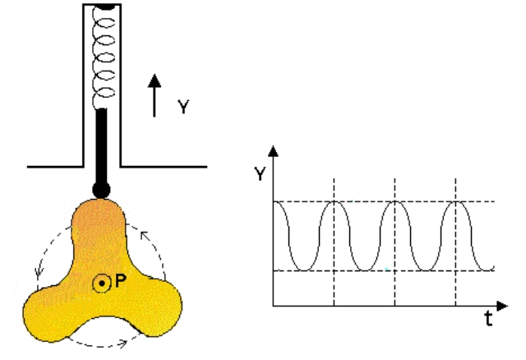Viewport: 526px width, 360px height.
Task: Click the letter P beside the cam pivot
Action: [121, 281]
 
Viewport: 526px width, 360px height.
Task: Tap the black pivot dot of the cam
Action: [102, 284]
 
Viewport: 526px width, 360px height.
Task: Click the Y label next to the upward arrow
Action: [183, 107]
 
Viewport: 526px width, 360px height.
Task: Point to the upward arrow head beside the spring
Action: [155, 81]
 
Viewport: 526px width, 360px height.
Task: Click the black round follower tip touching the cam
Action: [101, 190]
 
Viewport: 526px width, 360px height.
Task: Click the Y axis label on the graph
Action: [260, 173]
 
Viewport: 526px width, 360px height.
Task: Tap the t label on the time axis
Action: [489, 318]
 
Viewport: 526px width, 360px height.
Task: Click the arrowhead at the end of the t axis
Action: [502, 306]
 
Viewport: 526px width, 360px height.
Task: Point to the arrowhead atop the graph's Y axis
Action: [274, 151]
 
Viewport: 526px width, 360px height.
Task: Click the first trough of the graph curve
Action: [304, 270]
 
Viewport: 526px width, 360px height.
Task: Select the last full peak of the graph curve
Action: [455, 202]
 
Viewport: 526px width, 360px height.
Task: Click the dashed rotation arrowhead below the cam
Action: [123, 344]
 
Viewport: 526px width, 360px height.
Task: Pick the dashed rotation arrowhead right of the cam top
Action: [145, 235]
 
